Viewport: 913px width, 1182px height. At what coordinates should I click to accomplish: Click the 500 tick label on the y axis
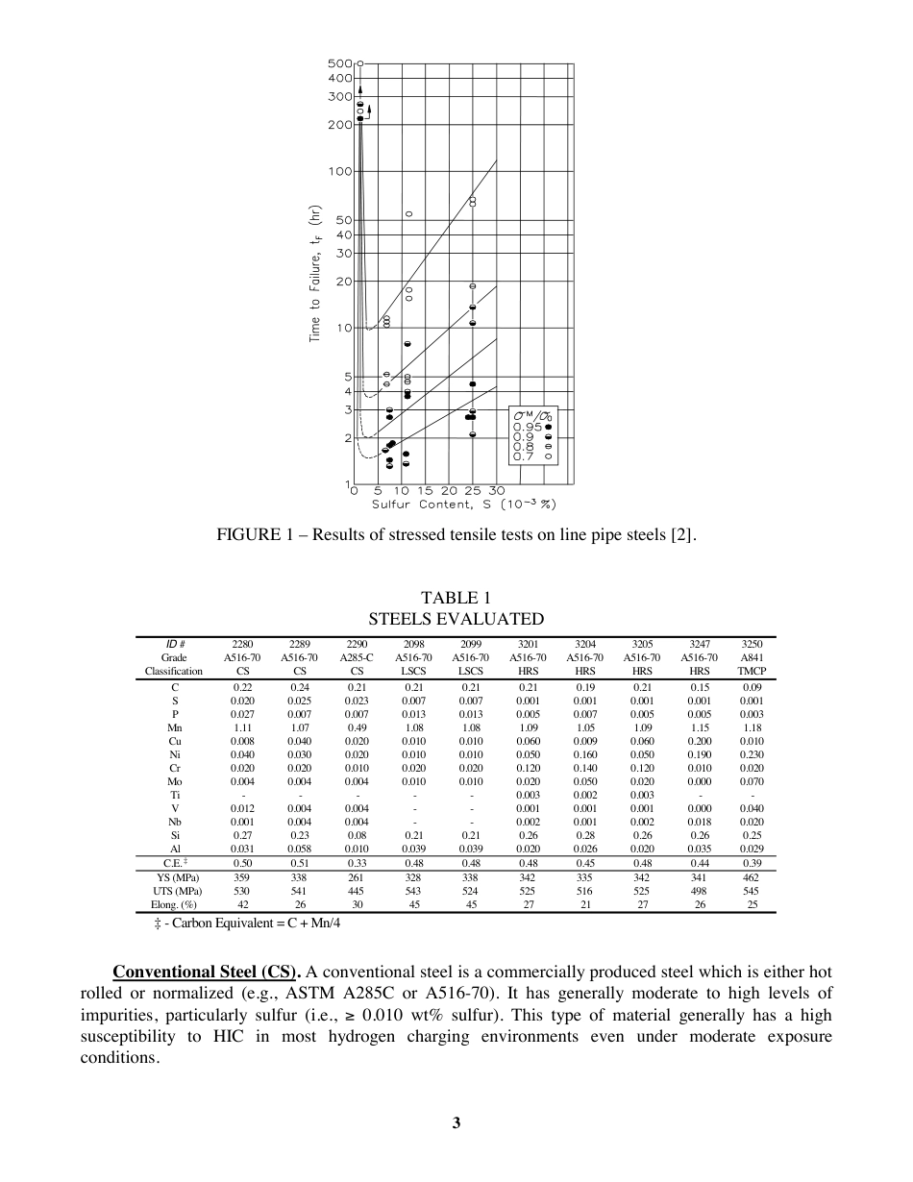(x=339, y=62)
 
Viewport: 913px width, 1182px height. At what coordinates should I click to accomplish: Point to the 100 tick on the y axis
(x=339, y=172)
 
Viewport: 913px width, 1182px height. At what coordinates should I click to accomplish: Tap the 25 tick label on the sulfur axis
(x=473, y=491)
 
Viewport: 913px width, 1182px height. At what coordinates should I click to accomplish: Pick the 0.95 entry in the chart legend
(x=533, y=427)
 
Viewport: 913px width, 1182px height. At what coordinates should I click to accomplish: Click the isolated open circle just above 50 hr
(x=408, y=213)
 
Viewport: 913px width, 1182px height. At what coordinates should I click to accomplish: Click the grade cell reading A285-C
(x=356, y=657)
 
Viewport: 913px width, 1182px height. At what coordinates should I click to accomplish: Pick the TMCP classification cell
(x=753, y=671)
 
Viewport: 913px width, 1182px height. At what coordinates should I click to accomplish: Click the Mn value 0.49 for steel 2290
(x=356, y=727)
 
